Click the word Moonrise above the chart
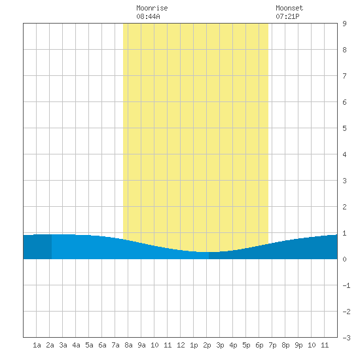[x=152, y=8]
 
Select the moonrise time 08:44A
[x=148, y=16]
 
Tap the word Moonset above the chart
[x=289, y=8]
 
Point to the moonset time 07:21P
[x=287, y=16]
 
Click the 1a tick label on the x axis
[x=37, y=345]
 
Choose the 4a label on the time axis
[x=76, y=345]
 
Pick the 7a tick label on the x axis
[x=115, y=345]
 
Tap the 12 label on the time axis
[x=181, y=345]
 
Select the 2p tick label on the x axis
[x=207, y=345]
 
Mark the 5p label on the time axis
[x=246, y=345]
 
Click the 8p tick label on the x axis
[x=285, y=345]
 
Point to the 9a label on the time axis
[x=141, y=345]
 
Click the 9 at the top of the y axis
[x=344, y=24]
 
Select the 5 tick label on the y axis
[x=344, y=128]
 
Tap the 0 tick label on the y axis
[x=344, y=259]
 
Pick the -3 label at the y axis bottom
[x=346, y=338]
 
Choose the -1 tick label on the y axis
[x=346, y=285]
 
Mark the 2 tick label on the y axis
[x=344, y=207]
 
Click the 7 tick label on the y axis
[x=344, y=76]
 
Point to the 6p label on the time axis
[x=259, y=345]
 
